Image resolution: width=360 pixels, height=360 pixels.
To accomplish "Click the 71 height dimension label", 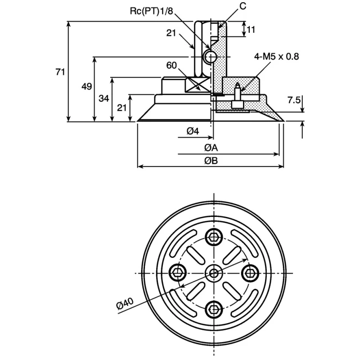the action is tap(60, 72).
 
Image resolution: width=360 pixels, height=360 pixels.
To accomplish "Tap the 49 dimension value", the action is tap(86, 86).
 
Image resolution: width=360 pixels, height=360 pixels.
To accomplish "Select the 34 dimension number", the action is tap(104, 99).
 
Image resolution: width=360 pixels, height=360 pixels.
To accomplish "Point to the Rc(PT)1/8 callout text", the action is tap(151, 11).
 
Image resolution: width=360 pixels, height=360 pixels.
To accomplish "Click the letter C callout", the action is tap(243, 6).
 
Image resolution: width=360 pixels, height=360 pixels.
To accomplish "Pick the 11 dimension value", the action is tap(251, 30).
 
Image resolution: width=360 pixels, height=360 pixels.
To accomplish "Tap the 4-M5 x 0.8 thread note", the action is tap(276, 57).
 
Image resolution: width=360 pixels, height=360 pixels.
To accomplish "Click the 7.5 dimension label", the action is tap(294, 100).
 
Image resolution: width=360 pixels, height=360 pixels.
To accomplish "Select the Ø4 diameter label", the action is tap(193, 131).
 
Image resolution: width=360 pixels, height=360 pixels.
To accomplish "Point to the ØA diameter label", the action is tap(211, 148).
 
